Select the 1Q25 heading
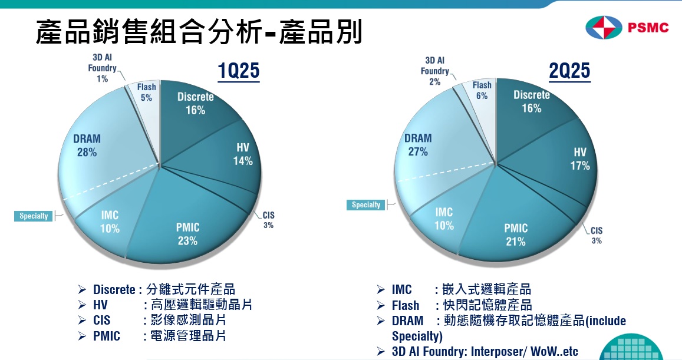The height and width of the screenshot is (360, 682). [238, 71]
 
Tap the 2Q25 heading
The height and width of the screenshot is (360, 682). [569, 71]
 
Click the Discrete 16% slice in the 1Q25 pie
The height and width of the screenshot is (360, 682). [195, 103]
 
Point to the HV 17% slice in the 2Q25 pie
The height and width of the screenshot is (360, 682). [580, 159]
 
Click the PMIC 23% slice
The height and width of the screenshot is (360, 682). [187, 234]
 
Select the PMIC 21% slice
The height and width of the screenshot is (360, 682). [516, 235]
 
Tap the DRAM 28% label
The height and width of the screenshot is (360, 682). [87, 145]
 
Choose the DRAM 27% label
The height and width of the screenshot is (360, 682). [418, 144]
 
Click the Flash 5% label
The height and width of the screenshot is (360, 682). [146, 93]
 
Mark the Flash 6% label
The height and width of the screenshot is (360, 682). [482, 91]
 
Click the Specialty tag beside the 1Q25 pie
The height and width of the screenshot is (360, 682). [34, 216]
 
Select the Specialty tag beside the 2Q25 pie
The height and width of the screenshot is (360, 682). [366, 205]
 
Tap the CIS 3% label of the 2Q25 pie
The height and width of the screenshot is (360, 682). [597, 235]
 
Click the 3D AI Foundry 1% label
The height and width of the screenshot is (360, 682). [102, 68]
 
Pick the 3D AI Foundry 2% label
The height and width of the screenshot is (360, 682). [435, 71]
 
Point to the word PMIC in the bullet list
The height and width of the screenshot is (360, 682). [107, 336]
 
